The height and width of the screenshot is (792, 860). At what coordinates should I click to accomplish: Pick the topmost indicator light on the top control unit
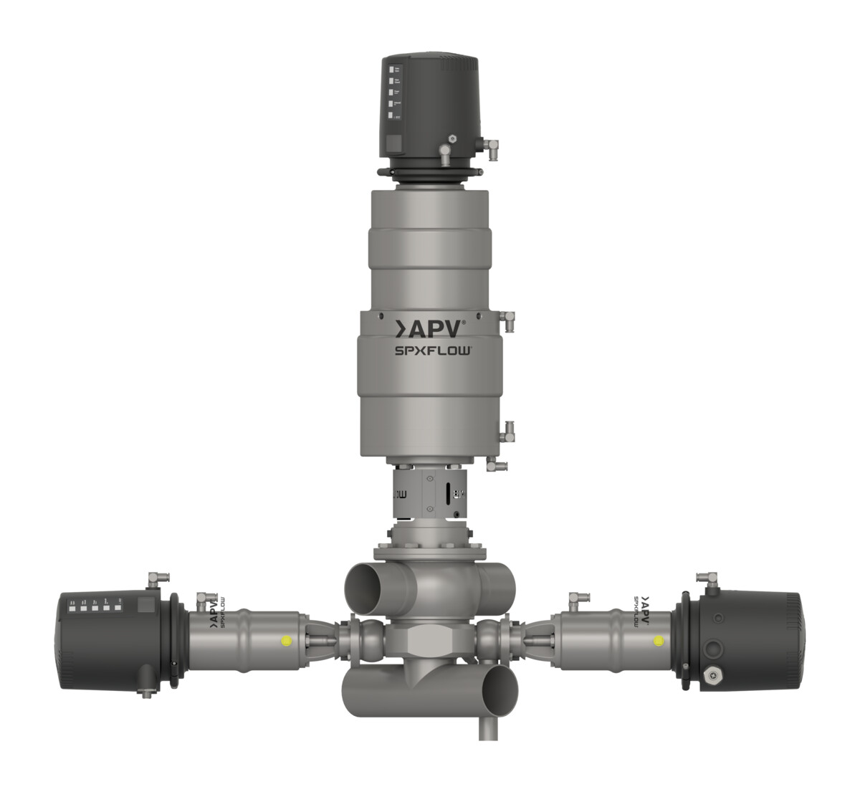click(392, 70)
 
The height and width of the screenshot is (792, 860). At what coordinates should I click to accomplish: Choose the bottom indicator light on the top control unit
click(392, 116)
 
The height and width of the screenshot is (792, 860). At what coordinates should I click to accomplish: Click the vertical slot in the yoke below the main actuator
click(449, 495)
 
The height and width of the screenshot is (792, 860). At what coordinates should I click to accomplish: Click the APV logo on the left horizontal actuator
click(211, 615)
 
